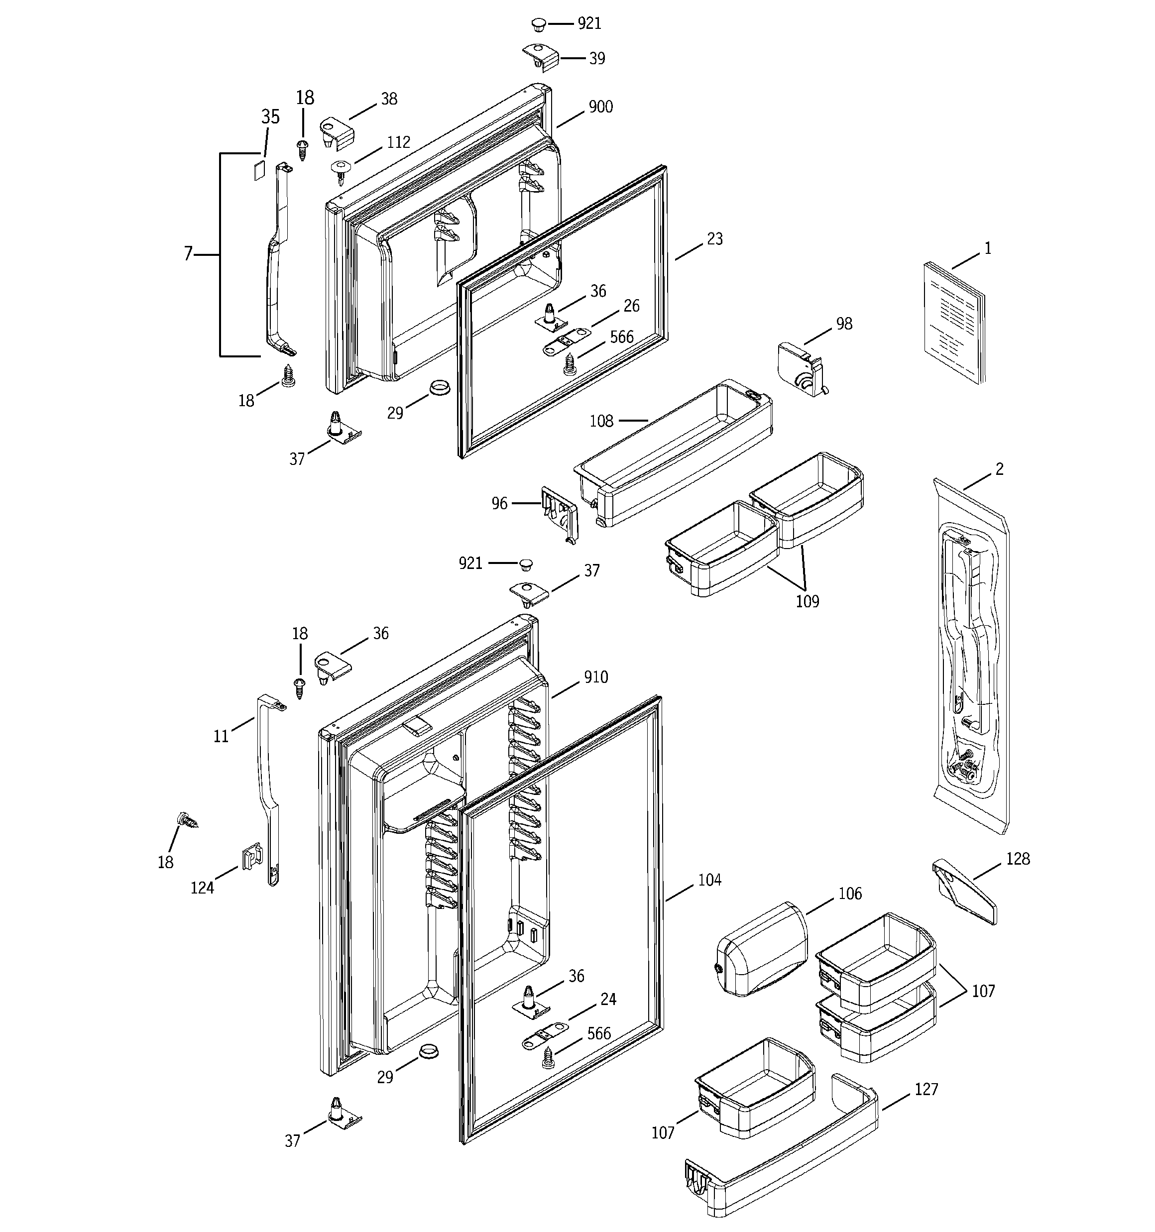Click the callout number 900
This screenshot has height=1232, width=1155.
600,107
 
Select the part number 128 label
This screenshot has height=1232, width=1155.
1018,859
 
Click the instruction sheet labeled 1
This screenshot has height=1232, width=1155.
953,322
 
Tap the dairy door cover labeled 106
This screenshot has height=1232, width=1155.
762,948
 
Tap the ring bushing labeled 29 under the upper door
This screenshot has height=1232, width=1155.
439,389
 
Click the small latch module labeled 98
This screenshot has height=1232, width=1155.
801,368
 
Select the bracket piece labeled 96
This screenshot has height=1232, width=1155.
560,512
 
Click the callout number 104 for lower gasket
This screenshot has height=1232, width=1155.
709,880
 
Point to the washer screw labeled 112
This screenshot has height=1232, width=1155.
341,169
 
